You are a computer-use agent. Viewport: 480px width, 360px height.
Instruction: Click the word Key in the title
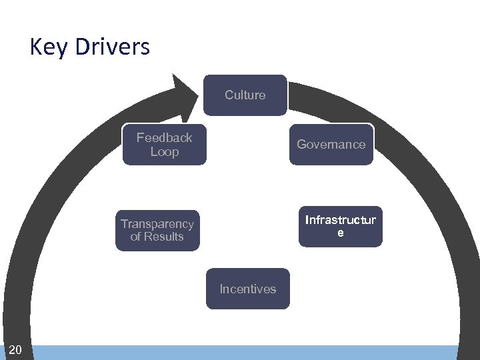click(48, 47)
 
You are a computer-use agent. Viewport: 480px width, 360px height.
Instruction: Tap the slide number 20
click(16, 350)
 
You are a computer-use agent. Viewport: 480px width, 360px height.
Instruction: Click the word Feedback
click(164, 138)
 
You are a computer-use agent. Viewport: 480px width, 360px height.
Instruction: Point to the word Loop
click(165, 152)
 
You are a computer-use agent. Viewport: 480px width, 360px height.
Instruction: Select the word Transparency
click(157, 224)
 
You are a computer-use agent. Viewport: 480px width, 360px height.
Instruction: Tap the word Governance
click(331, 144)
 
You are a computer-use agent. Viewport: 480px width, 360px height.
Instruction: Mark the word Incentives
click(248, 289)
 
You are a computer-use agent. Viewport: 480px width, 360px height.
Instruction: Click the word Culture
click(245, 95)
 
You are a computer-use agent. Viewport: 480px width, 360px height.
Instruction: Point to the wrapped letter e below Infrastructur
click(341, 233)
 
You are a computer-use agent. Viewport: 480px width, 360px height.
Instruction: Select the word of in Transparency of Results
click(136, 237)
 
